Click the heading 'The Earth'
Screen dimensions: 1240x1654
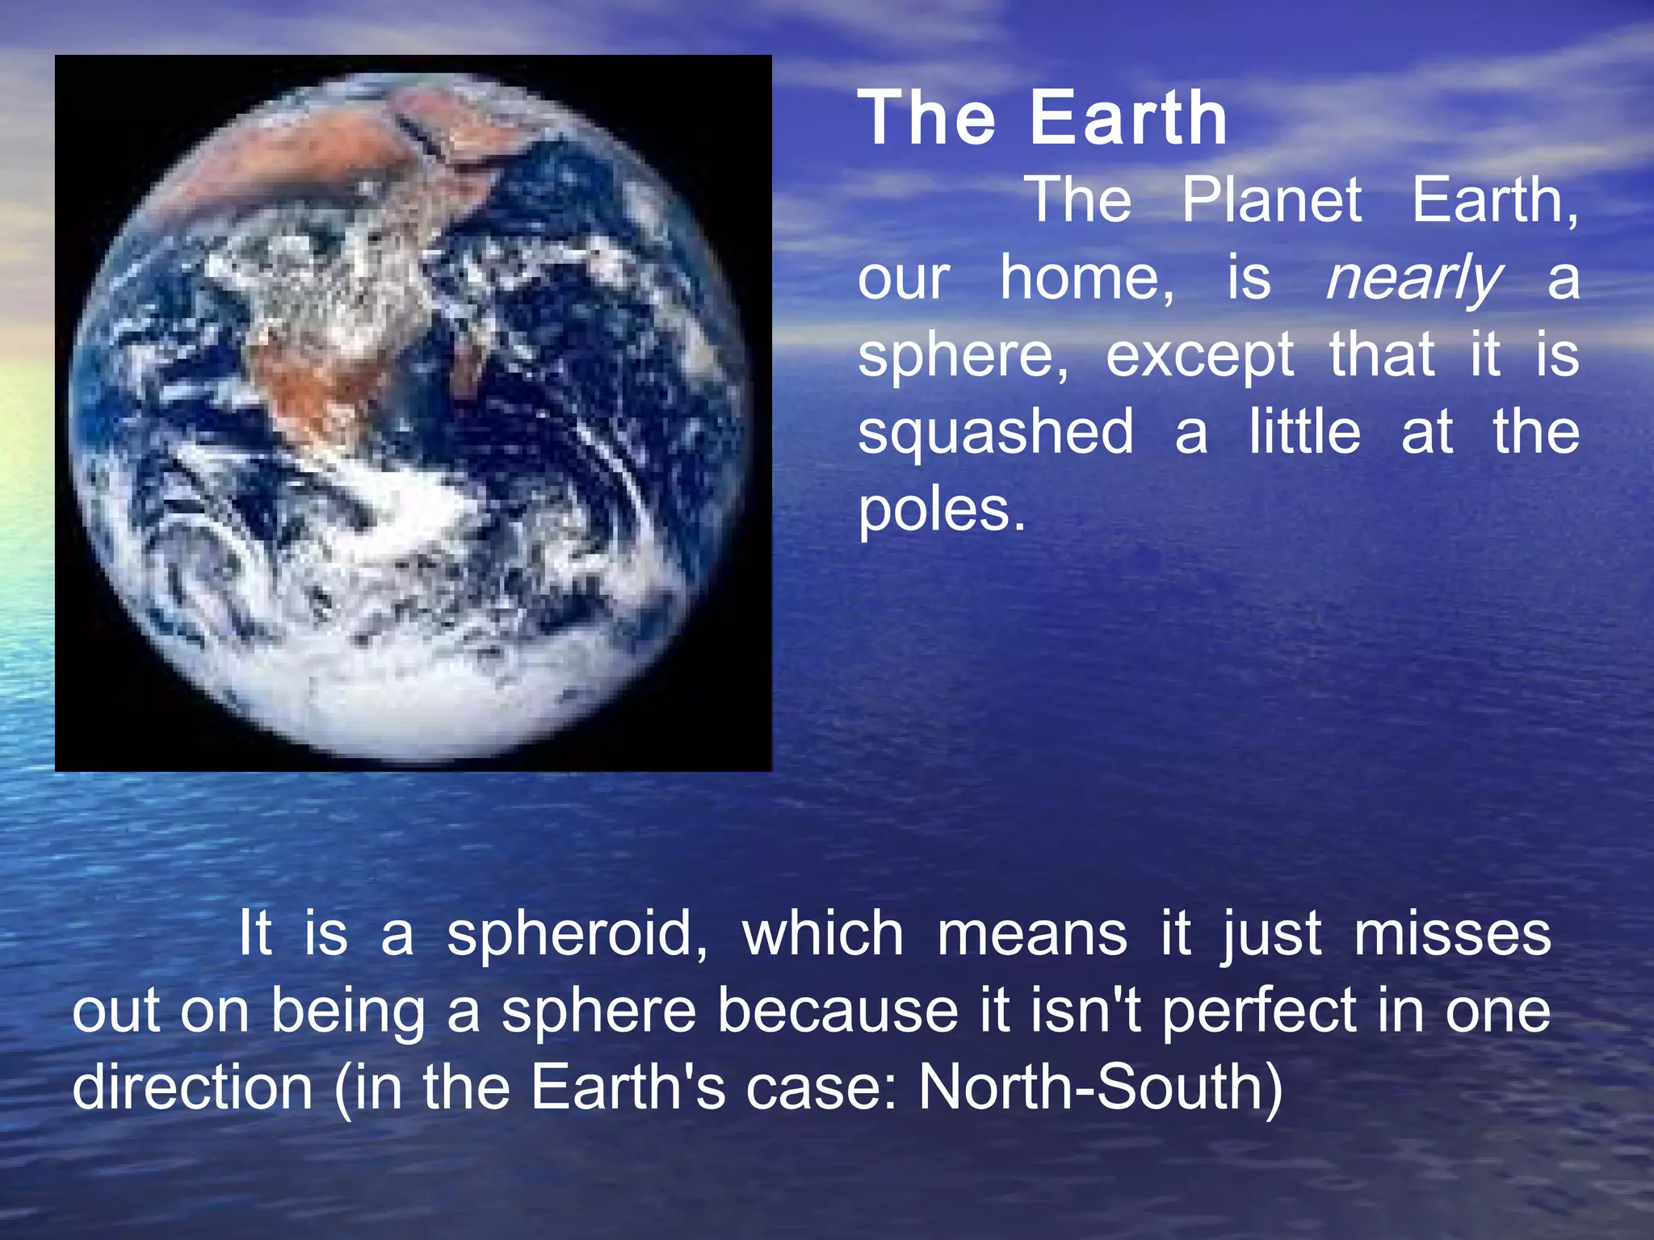click(1042, 119)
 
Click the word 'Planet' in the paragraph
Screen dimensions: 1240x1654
click(1272, 200)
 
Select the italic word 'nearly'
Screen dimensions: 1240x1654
click(1413, 279)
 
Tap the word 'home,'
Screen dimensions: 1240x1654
click(1088, 279)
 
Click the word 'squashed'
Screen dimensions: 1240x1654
click(996, 432)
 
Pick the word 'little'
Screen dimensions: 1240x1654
click(1304, 432)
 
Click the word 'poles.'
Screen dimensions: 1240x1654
click(942, 510)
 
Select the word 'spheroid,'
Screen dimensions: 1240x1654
click(577, 935)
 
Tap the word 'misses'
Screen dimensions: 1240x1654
click(1452, 935)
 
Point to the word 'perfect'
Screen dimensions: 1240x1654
click(1259, 1011)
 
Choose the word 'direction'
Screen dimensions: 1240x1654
click(192, 1087)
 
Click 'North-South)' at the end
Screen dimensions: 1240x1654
click(1100, 1087)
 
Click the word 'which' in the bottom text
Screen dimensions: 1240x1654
click(822, 935)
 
